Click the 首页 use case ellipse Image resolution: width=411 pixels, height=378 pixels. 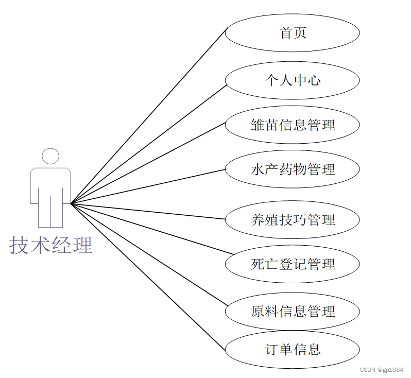pos(293,33)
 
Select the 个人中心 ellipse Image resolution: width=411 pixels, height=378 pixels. pos(293,80)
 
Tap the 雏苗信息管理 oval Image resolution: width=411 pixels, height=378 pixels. pos(293,125)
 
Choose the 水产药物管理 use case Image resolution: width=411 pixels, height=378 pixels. pos(293,169)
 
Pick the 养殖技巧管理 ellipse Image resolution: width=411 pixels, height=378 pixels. pos(293,220)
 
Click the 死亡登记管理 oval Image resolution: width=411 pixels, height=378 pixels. pos(293,264)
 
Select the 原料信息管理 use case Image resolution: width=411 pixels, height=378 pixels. pos(293,311)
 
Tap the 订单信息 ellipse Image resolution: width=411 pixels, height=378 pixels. pos(293,350)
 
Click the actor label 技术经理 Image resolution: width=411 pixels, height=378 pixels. pos(50,245)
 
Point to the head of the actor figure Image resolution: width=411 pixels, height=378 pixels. pos(50,156)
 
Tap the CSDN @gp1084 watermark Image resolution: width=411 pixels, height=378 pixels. pos(381,370)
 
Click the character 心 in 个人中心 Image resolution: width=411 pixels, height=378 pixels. pos(314,80)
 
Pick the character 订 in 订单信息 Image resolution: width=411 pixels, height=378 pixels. pos(271,350)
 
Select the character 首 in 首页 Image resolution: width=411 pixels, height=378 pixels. pos(286,33)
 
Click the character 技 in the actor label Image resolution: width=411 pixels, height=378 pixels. pos(20,245)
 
